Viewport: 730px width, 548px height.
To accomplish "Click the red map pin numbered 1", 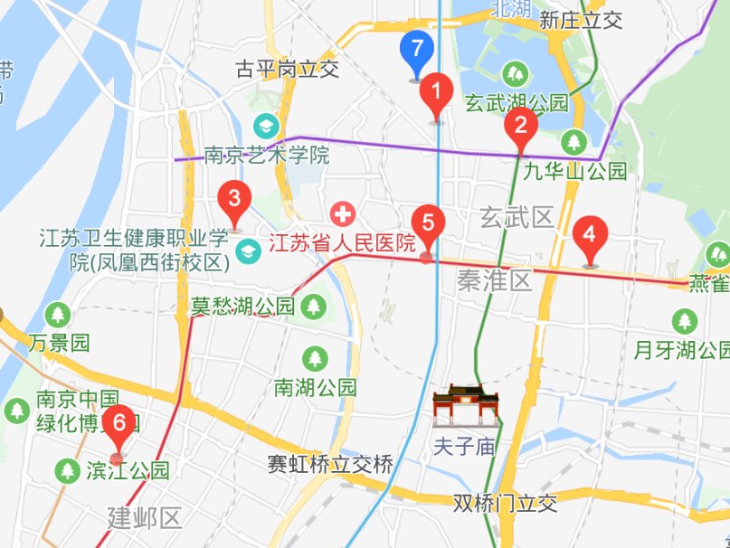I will click(x=437, y=92).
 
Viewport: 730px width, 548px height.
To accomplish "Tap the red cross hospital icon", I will click(x=343, y=214).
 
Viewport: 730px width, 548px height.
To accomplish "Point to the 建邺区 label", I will click(x=145, y=518).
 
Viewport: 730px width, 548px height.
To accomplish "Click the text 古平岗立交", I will click(x=286, y=69).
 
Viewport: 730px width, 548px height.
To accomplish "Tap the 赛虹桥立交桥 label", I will click(x=329, y=465).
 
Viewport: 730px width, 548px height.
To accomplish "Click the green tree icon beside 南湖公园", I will click(x=315, y=358).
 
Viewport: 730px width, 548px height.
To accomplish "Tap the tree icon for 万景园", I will click(x=59, y=315).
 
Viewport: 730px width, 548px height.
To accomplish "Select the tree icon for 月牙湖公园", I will click(x=685, y=320).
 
